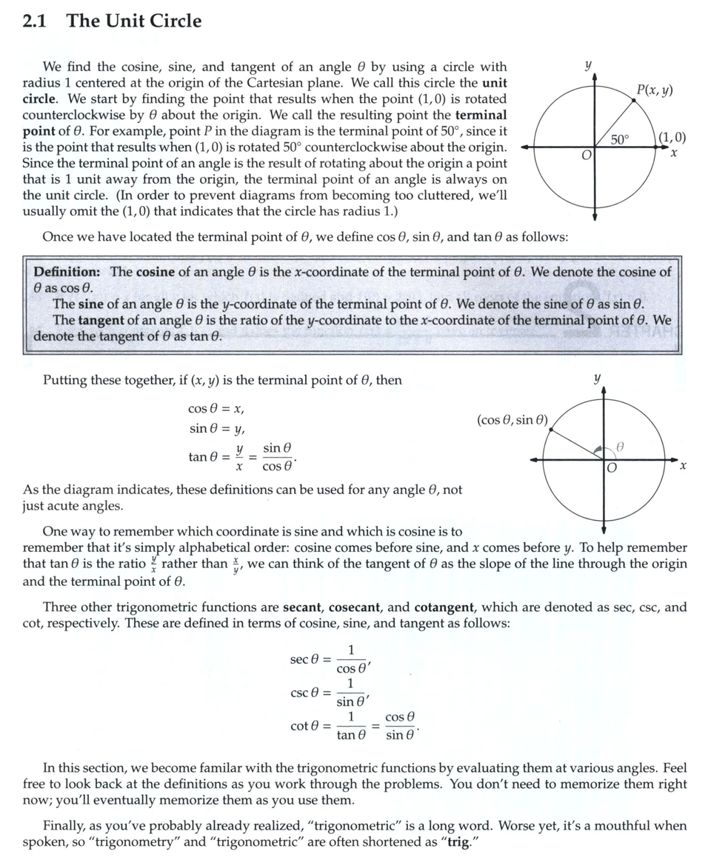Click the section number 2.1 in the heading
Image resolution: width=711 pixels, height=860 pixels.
point(35,21)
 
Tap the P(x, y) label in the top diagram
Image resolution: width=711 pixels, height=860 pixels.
point(654,90)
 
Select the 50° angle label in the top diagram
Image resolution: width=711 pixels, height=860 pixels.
point(621,139)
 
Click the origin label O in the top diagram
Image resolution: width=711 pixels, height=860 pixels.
point(586,156)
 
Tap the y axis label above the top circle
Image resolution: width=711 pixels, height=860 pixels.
point(587,65)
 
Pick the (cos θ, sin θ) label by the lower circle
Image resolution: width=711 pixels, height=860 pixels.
point(513,420)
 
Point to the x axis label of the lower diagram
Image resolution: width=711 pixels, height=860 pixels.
point(683,467)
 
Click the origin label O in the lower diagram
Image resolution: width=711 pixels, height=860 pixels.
point(611,469)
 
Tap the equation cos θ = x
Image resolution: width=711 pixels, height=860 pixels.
point(216,409)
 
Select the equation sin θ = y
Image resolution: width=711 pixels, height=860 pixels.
point(216,429)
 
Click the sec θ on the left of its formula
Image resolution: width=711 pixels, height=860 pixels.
point(304,659)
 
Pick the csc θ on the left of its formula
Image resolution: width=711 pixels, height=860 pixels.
point(304,693)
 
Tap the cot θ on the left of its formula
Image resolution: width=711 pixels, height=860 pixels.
point(304,726)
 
